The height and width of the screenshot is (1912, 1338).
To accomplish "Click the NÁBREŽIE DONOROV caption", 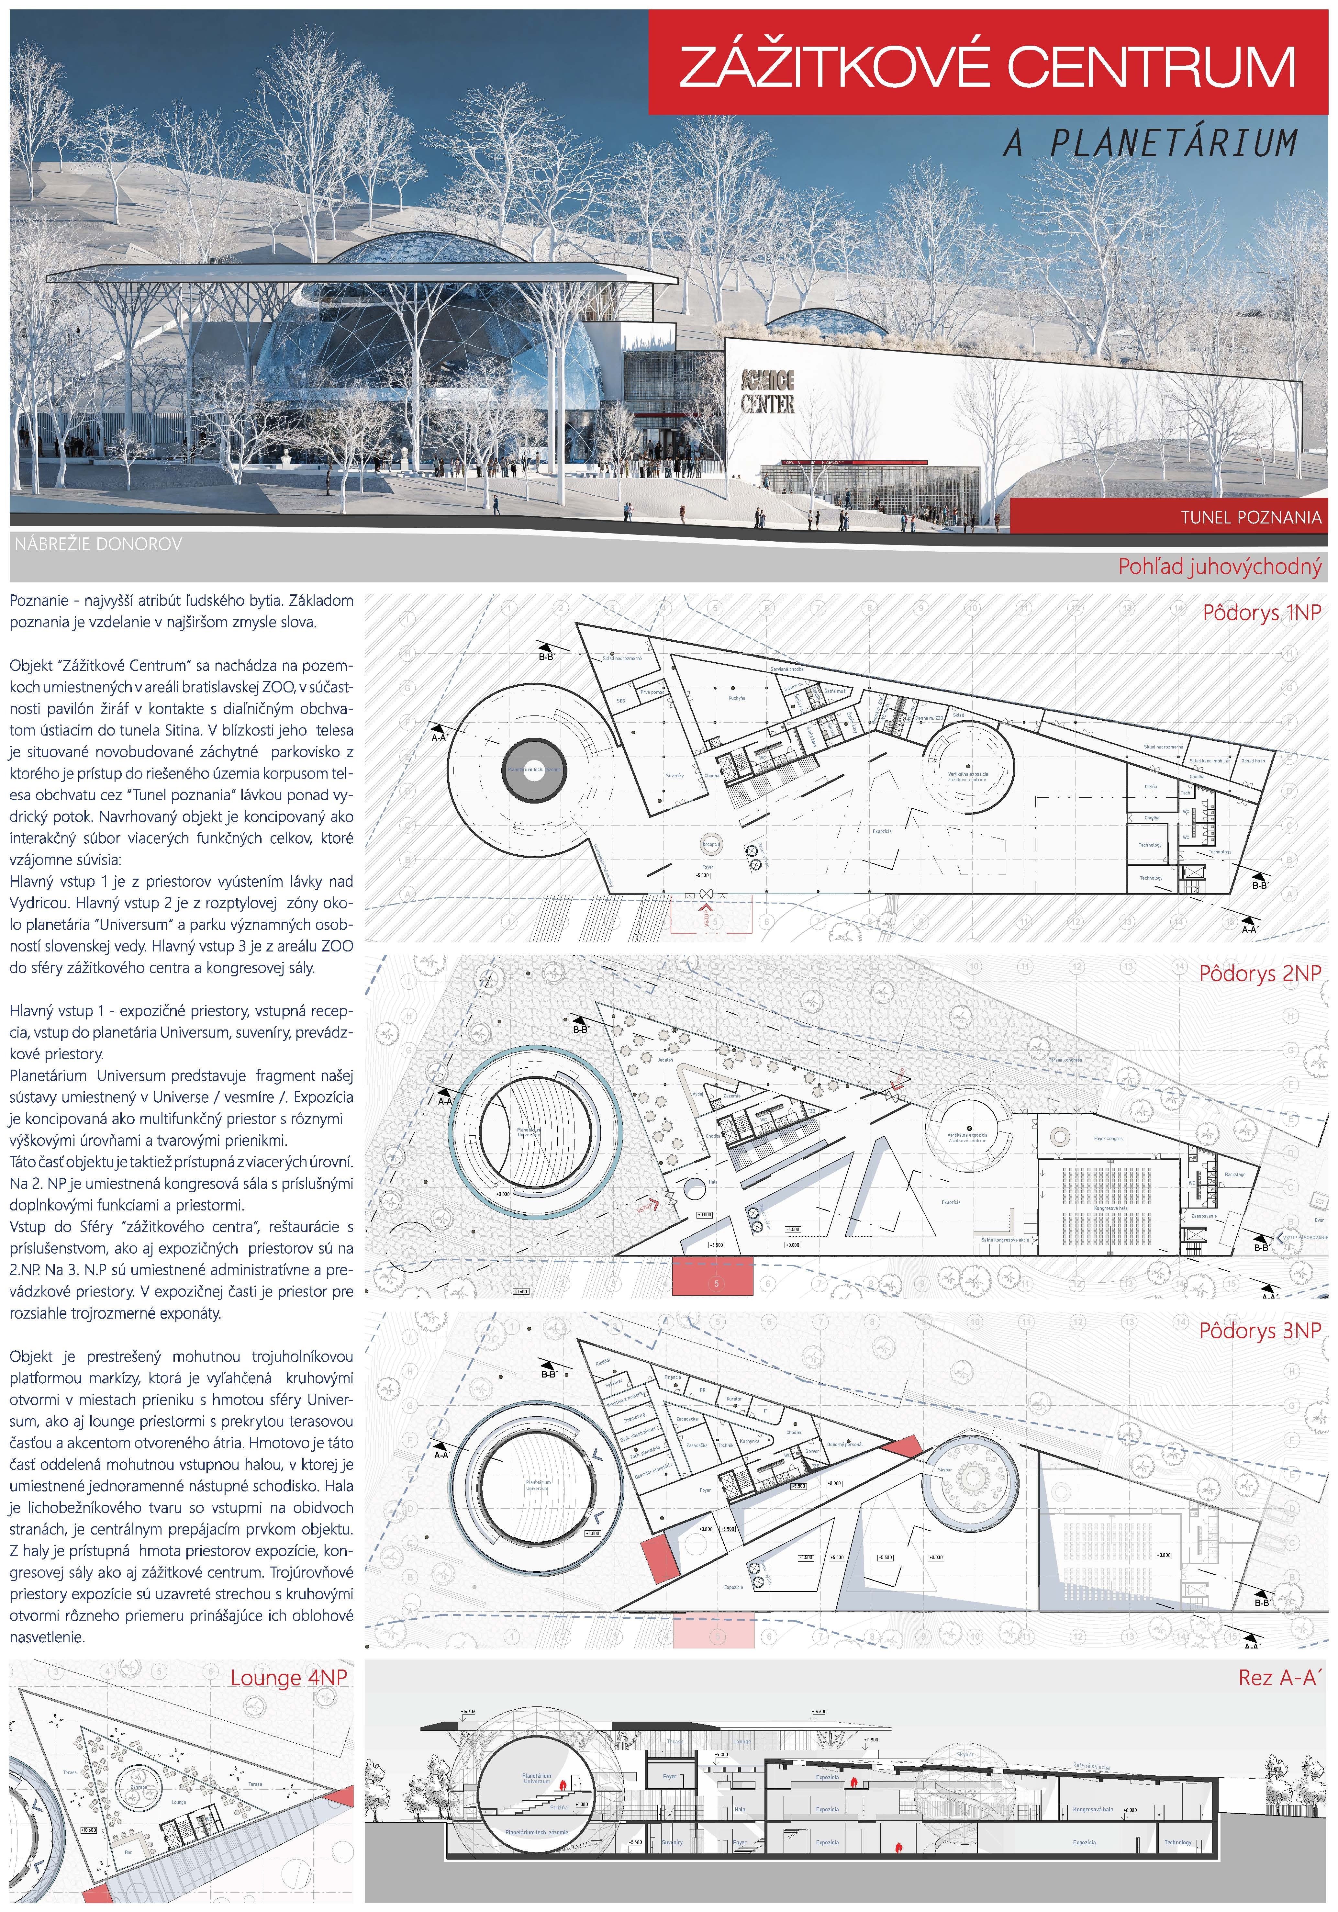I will click(97, 545).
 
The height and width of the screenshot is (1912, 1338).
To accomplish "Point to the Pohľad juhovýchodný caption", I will click(1219, 567).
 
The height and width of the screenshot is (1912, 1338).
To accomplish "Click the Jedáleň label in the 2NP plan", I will click(665, 1060).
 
